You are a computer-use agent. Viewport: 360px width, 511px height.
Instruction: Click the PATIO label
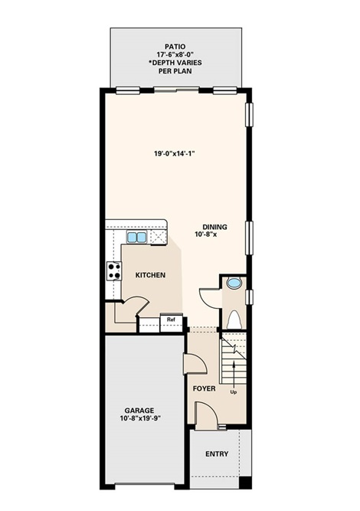[175, 47]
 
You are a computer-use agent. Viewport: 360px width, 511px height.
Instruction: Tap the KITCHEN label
[150, 275]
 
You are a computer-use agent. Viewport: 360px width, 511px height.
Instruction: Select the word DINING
[214, 227]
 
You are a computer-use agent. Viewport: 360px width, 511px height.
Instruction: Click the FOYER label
[204, 388]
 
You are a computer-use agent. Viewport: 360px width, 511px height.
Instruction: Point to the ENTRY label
[217, 454]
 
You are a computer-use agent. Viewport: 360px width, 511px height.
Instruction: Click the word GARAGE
[139, 411]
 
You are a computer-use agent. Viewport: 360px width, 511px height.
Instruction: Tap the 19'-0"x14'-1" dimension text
[175, 153]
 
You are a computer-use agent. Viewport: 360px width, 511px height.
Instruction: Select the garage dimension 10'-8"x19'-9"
[140, 418]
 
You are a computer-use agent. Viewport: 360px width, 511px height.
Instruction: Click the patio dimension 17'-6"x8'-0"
[175, 54]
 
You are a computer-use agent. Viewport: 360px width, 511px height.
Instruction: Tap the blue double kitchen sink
[136, 237]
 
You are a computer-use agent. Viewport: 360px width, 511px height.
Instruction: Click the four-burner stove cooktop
[114, 271]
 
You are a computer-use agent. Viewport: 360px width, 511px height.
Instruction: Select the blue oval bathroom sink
[234, 283]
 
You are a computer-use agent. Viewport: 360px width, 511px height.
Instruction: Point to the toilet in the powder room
[234, 319]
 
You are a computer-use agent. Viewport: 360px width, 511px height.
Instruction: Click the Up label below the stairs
[234, 392]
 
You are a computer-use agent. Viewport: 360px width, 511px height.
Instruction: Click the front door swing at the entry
[206, 415]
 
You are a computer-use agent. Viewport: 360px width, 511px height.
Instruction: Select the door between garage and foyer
[195, 363]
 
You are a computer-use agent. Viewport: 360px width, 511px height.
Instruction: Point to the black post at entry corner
[245, 483]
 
